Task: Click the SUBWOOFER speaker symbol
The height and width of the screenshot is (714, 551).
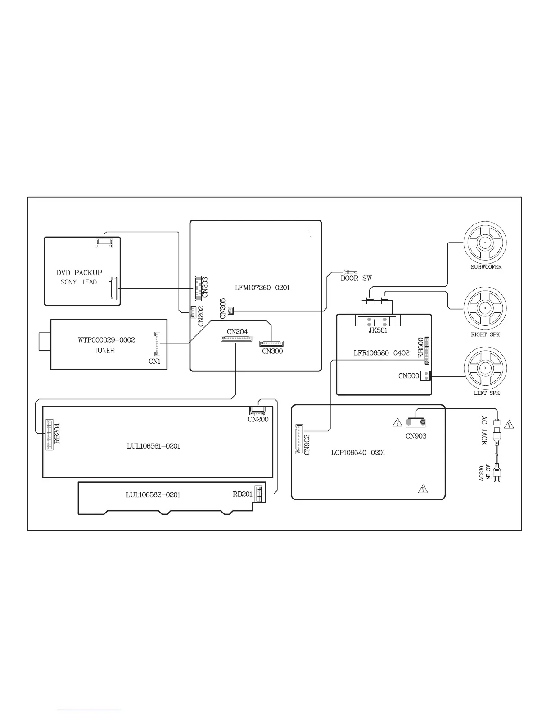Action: point(485,243)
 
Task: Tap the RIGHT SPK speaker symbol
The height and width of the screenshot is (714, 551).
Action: point(485,308)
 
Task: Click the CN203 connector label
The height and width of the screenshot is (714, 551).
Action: point(205,287)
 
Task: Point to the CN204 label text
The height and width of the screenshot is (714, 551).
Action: point(237,332)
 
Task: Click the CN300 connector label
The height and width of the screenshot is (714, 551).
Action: point(272,351)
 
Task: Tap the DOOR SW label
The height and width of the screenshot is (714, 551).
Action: point(356,278)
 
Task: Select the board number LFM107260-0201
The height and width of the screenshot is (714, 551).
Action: point(262,288)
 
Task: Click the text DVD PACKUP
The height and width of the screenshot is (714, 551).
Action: point(79,273)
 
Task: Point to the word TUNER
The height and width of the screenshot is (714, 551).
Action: point(104,351)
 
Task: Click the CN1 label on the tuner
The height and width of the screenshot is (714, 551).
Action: point(154,362)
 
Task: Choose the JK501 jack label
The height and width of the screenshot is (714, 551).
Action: point(378,330)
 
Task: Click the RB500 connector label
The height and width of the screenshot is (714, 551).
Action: point(421,347)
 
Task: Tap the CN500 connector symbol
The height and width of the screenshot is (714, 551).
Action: point(426,375)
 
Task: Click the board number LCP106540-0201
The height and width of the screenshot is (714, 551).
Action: point(358,453)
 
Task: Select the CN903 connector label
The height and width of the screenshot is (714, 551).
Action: point(416,436)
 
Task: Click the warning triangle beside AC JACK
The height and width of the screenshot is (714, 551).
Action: point(509,425)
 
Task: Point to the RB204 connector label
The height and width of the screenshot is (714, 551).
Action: point(57,433)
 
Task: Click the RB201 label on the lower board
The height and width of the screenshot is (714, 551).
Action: point(243,494)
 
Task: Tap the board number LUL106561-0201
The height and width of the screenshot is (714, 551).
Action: point(153,446)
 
